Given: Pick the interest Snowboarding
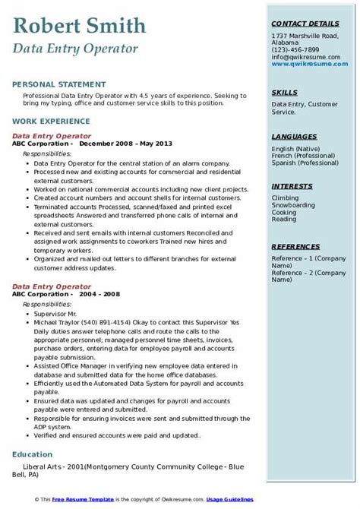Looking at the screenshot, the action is pyautogui.click(x=293, y=204).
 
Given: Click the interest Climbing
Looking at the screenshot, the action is pyautogui.click(x=285, y=198).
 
